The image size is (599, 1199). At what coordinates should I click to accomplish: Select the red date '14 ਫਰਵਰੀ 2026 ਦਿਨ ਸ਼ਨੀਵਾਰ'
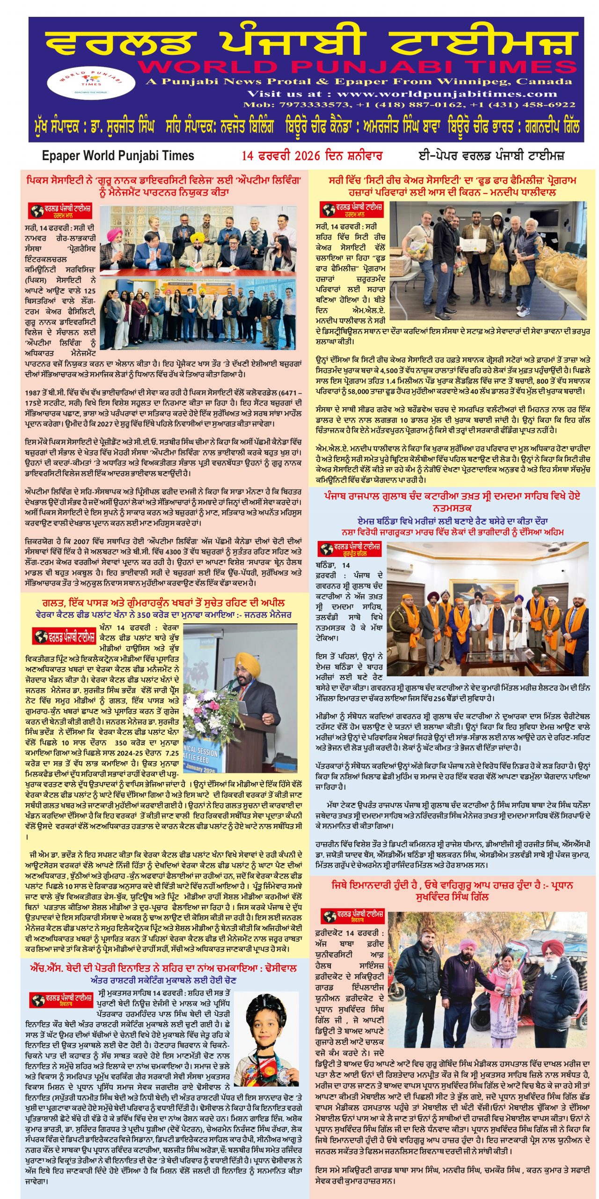[312, 156]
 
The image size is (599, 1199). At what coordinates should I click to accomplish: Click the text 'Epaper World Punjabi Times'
[118, 156]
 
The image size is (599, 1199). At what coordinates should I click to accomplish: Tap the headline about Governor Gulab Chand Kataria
[452, 501]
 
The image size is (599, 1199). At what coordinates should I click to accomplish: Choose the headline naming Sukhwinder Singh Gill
[452, 890]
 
